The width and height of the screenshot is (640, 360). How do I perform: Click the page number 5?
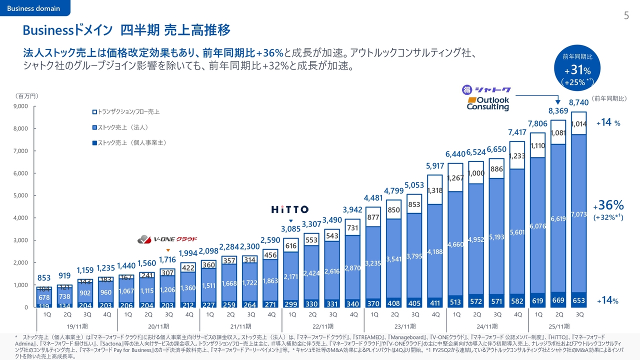coord(626,16)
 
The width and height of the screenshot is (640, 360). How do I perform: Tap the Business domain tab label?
coord(33,8)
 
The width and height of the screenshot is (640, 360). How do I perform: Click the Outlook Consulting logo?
coord(487,103)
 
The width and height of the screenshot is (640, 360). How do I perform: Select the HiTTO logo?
coord(289,209)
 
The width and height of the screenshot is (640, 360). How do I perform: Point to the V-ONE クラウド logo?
coord(167,239)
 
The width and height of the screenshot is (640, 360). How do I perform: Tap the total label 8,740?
coord(579,103)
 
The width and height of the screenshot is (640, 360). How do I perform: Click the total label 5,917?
coord(435,166)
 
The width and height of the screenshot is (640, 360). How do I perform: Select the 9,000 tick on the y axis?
coord(20,106)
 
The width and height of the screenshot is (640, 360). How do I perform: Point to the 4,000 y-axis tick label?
coord(20,218)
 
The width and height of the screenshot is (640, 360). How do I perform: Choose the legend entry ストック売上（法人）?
coord(120,127)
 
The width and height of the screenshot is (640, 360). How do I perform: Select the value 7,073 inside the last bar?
coord(579,214)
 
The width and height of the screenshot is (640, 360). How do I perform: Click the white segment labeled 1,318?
coord(435,190)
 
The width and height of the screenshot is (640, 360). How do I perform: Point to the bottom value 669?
coord(558,300)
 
